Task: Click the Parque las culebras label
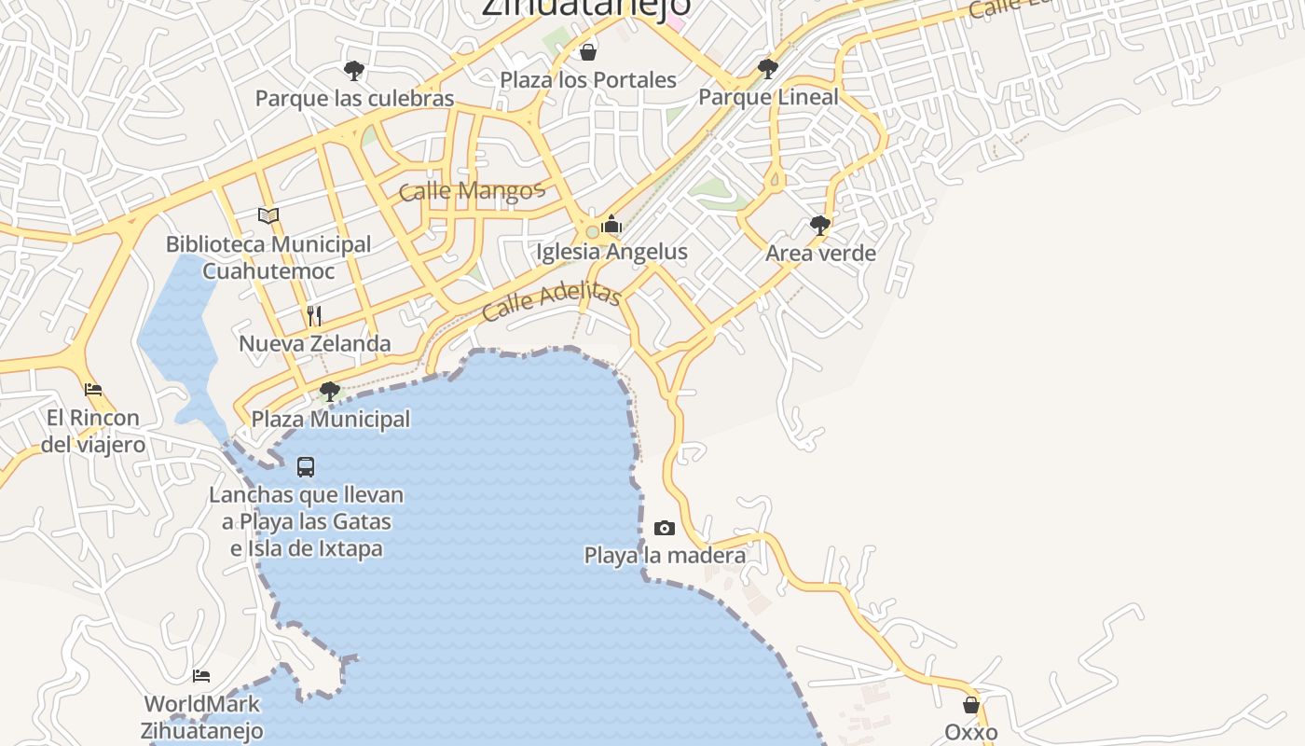coord(354,98)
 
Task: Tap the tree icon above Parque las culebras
coord(353,70)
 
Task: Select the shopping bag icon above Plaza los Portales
coord(588,51)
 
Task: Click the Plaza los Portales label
coord(588,79)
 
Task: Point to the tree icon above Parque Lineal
coord(768,68)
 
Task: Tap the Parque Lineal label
coord(768,96)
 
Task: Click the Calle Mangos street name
coord(471,192)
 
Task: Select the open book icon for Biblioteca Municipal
coord(268,216)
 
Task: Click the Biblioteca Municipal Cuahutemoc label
coord(268,257)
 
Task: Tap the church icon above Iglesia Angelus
coord(612,225)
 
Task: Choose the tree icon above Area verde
coord(820,225)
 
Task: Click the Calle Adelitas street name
coord(552,300)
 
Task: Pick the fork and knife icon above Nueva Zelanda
coord(314,315)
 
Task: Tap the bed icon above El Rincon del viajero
coord(93,390)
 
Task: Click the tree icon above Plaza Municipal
coord(329,391)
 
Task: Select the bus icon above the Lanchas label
coord(306,466)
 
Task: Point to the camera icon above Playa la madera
coord(665,529)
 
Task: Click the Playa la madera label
coord(665,556)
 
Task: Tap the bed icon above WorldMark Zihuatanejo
coord(201,675)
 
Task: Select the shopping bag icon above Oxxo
coord(971,705)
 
